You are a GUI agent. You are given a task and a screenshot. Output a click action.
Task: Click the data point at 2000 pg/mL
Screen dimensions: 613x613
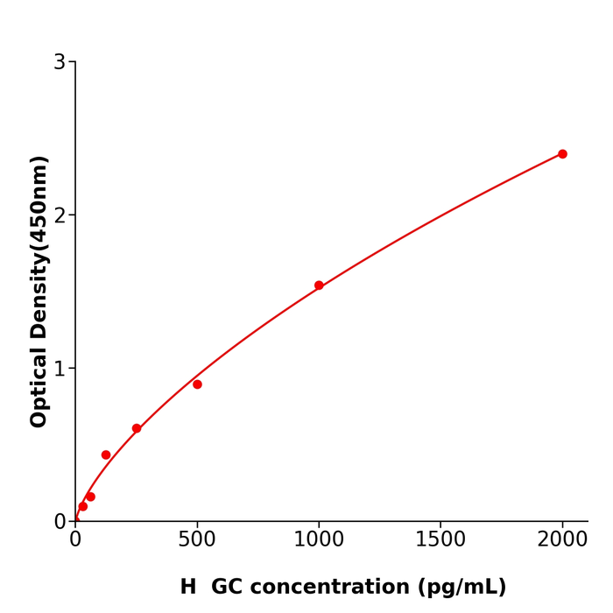[562, 154]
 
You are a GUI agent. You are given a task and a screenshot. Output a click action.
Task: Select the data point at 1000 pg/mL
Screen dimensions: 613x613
[319, 285]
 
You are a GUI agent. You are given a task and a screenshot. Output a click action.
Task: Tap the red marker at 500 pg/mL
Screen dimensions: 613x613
[197, 384]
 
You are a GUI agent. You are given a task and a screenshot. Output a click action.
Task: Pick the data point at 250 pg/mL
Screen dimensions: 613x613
[137, 428]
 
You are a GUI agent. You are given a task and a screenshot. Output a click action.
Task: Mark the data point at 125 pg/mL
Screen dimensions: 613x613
[106, 454]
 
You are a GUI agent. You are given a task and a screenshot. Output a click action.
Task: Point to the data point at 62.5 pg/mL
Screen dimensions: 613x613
[90, 497]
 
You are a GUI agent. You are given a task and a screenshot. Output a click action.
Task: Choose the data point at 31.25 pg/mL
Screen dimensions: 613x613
[83, 506]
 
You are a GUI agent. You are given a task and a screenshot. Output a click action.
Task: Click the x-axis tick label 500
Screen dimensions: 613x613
[197, 539]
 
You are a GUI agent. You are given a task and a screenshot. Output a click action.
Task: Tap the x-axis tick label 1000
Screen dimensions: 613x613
[319, 539]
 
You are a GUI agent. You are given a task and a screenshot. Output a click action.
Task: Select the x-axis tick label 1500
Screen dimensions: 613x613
[440, 539]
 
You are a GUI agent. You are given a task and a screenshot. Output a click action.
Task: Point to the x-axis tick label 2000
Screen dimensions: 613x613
[562, 539]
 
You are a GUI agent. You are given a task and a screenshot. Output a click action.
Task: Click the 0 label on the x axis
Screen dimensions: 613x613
[75, 539]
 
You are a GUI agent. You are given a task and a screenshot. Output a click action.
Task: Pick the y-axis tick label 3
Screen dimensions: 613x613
[60, 62]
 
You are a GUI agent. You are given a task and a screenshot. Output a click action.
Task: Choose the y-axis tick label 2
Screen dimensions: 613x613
[60, 215]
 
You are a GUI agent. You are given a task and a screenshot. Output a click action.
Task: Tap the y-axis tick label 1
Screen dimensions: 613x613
[60, 369]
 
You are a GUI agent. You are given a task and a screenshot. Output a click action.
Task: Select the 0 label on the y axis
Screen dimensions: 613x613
[60, 522]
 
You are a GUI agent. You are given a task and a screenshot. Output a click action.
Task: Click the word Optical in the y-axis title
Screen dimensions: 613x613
[39, 387]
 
